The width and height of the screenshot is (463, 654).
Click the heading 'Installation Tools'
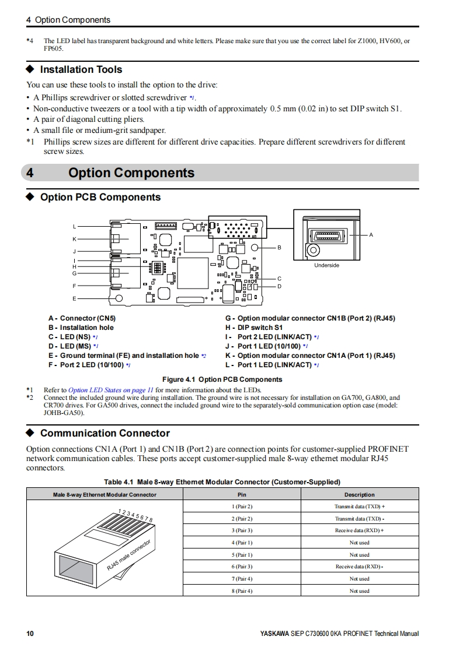click(81, 69)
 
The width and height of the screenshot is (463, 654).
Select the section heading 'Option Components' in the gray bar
click(131, 173)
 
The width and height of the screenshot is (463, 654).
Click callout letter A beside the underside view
click(371, 235)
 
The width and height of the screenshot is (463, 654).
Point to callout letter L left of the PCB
click(74, 226)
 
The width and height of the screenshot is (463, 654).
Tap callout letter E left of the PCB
click(74, 298)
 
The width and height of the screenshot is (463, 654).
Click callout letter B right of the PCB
click(279, 248)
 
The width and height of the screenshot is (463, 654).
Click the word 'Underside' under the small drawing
click(326, 265)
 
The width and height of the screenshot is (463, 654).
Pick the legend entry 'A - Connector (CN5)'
click(82, 318)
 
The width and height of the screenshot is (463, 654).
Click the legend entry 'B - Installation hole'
click(81, 328)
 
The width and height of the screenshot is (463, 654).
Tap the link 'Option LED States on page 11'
click(111, 390)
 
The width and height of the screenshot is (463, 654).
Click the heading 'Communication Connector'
click(105, 433)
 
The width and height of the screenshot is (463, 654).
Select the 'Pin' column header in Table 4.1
click(242, 495)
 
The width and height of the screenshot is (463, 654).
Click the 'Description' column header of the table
click(360, 495)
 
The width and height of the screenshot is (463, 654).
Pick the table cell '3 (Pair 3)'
click(242, 530)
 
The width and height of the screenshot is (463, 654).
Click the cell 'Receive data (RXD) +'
click(360, 530)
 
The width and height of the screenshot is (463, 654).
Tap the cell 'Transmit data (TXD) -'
click(360, 519)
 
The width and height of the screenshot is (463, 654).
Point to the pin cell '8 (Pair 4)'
click(242, 591)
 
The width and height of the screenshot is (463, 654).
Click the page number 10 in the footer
click(30, 634)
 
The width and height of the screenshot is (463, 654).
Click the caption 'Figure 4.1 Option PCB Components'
click(222, 379)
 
